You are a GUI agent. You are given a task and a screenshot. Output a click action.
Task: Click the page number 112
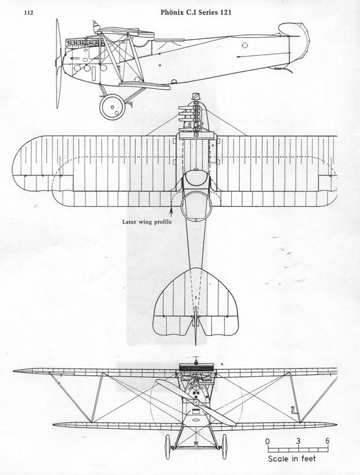pos(29,13)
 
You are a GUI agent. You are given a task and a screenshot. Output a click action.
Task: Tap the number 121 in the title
pos(226,12)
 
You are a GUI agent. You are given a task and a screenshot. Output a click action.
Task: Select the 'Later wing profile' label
pos(147,222)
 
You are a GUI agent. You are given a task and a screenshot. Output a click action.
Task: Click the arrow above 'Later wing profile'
pos(172,211)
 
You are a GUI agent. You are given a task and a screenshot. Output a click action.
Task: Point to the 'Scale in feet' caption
pos(292,459)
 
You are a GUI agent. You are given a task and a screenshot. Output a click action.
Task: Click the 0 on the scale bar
pos(268,441)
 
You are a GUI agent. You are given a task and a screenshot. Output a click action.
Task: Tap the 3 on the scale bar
pos(298,441)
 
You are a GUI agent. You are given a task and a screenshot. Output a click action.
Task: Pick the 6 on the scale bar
pos(328,441)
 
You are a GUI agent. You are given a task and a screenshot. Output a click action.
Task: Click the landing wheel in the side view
pos(112,107)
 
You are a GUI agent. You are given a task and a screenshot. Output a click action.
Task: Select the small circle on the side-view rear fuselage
pos(245,45)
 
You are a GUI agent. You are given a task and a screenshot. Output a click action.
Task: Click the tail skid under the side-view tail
pos(284,70)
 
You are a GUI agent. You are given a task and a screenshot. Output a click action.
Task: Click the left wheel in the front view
pos(168,446)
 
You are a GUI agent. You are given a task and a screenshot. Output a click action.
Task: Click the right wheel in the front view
pos(224,446)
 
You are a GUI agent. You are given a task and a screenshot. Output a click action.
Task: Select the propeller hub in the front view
pos(196,402)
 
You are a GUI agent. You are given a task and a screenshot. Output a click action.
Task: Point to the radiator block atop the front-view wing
pos(196,368)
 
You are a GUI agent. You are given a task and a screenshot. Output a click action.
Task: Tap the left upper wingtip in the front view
pos(14,371)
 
